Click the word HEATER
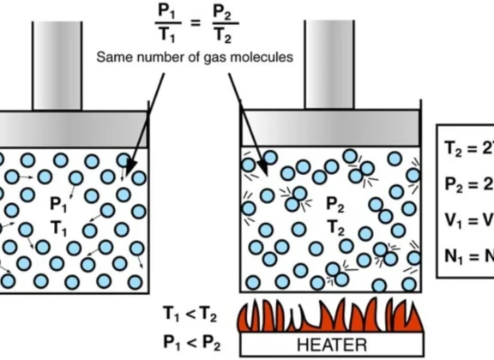331,345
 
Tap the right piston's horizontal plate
329,129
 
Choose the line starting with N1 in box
468,255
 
